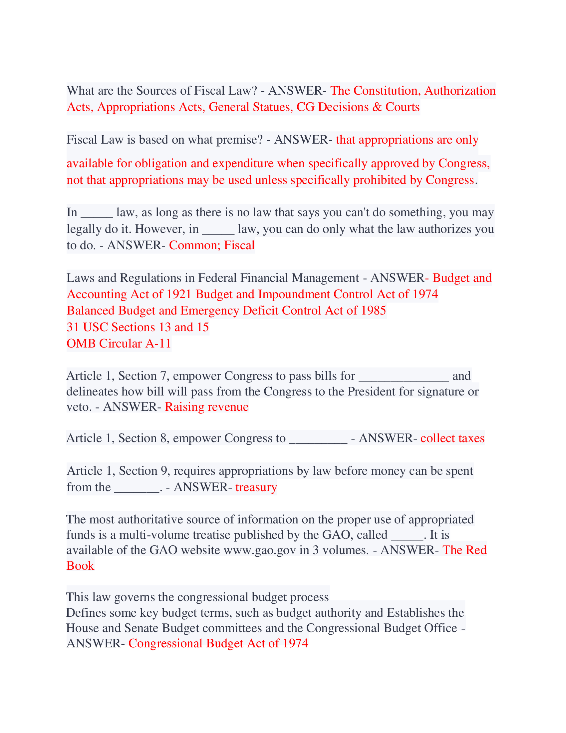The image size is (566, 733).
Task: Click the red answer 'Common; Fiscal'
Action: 211,245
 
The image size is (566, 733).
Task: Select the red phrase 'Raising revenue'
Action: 206,407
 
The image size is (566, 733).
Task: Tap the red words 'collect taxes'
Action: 452,438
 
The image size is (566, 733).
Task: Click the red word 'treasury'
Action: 256,487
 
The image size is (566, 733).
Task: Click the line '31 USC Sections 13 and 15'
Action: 138,327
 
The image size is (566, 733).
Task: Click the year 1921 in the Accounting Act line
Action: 179,294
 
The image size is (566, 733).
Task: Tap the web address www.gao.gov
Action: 260,550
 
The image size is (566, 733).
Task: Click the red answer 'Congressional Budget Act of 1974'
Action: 218,643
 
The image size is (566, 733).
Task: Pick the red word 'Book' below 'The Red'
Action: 80,566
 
